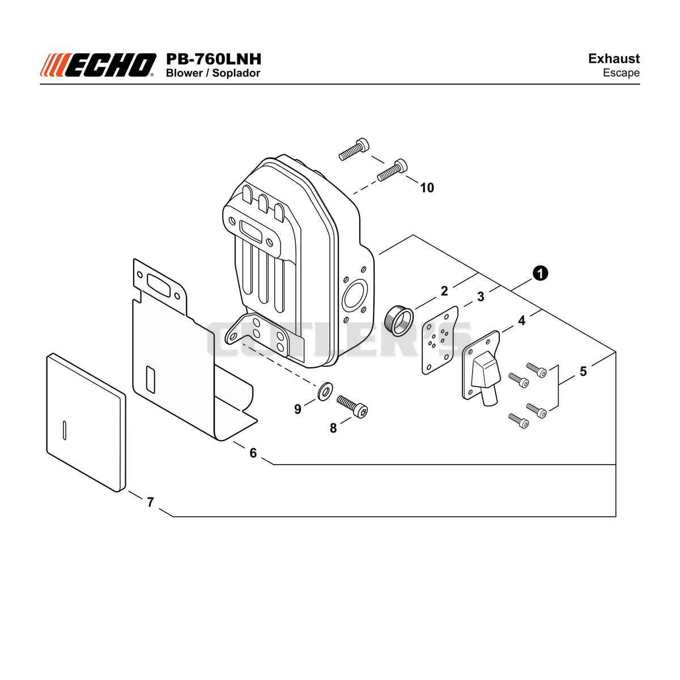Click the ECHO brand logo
pos(98,65)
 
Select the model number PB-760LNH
pos(214,59)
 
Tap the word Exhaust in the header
pos(614,58)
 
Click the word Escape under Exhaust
pos(621,73)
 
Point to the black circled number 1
pos(540,274)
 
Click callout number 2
pos(444,291)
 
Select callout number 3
pos(481,297)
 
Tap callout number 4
pos(521,320)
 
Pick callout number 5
pos(583,371)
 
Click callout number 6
pos(253,453)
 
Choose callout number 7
pos(150,502)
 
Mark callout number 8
pos(333,428)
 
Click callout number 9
pos(297,409)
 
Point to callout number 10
pos(427,188)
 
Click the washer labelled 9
pos(324,390)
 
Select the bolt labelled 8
pos(352,406)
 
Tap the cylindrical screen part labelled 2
pos(399,320)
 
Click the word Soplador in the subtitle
pos(236,74)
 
